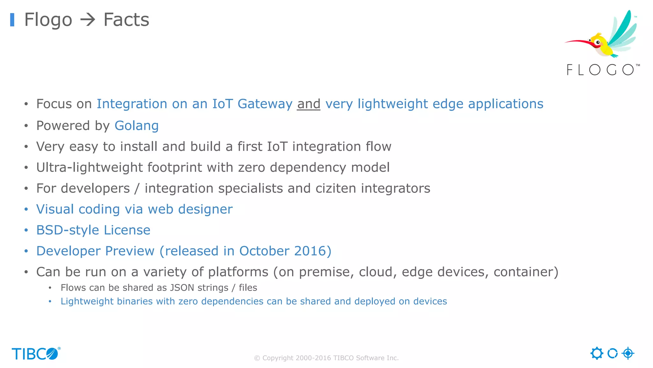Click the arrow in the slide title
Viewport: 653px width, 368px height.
[x=88, y=20]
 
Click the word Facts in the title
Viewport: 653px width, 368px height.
[x=126, y=20]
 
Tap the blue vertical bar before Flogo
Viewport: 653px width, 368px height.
[x=12, y=20]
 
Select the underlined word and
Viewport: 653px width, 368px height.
[x=308, y=104]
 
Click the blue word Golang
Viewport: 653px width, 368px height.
[x=136, y=126]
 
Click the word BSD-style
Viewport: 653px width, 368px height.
[x=68, y=230]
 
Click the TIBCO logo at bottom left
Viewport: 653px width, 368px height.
[x=36, y=354]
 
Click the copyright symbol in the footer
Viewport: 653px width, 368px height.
[x=257, y=358]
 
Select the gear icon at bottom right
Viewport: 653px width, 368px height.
[x=597, y=353]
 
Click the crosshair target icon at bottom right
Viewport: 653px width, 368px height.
[x=628, y=353]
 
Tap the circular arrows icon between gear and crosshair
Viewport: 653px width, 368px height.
[x=612, y=353]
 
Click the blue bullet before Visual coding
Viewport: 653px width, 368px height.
[x=26, y=210]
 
